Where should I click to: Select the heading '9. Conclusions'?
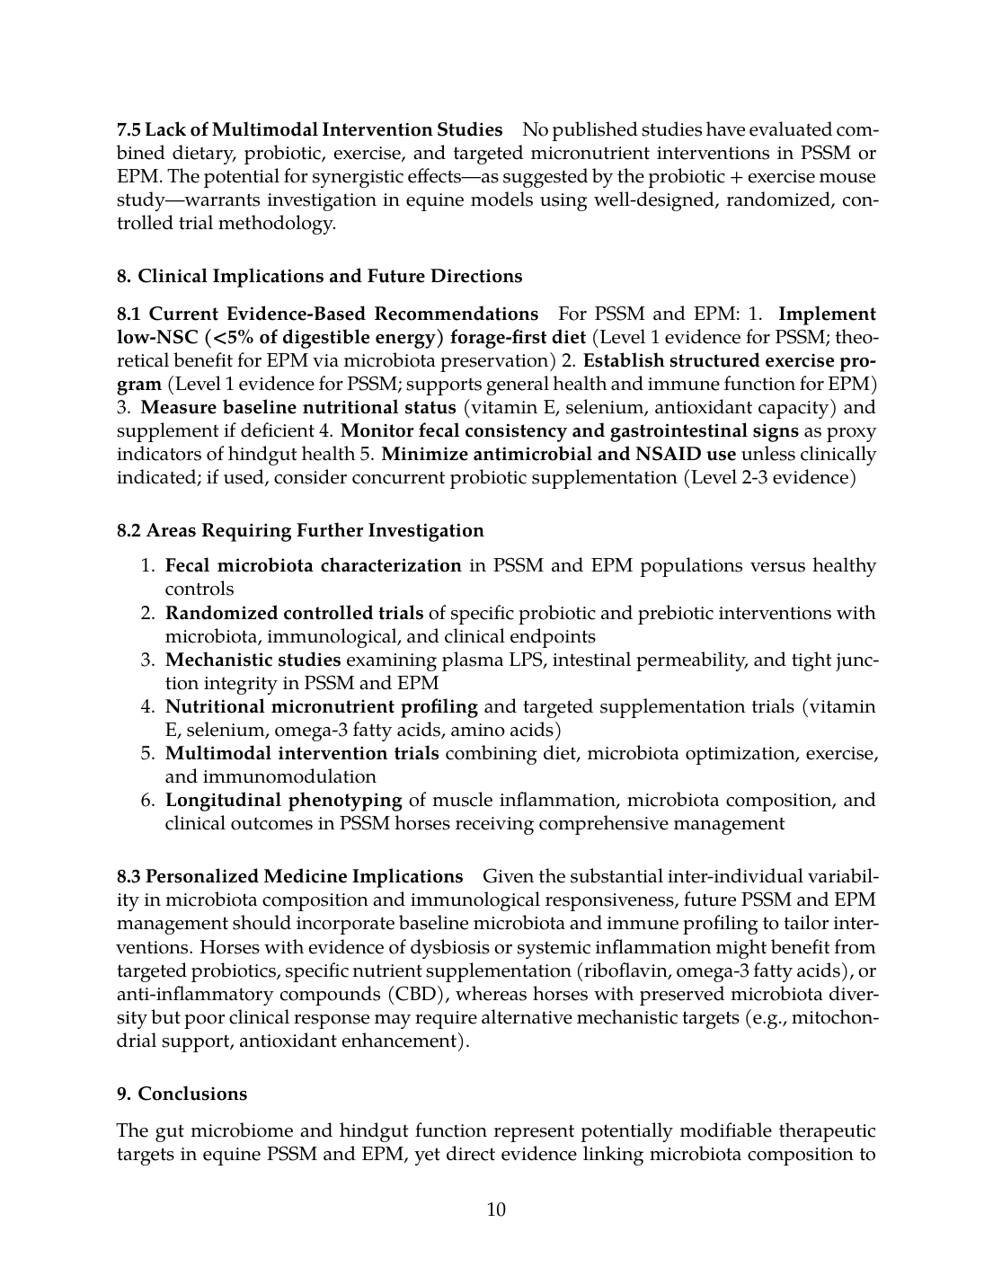point(182,1094)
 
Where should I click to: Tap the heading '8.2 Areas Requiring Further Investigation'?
point(300,530)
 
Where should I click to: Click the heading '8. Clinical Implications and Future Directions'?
point(319,276)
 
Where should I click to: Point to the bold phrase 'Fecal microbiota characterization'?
point(313,565)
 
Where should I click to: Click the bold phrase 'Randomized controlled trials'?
point(294,613)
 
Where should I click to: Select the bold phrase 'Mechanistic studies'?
point(253,660)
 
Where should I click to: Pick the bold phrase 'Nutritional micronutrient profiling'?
point(321,706)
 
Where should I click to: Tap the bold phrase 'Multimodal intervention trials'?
point(302,753)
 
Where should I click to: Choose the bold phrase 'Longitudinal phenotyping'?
point(283,800)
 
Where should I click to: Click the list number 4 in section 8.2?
point(147,706)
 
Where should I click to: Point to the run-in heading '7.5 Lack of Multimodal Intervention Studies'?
point(309,129)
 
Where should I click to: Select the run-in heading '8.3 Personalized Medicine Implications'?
point(289,876)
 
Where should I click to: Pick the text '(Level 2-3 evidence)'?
point(771,477)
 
